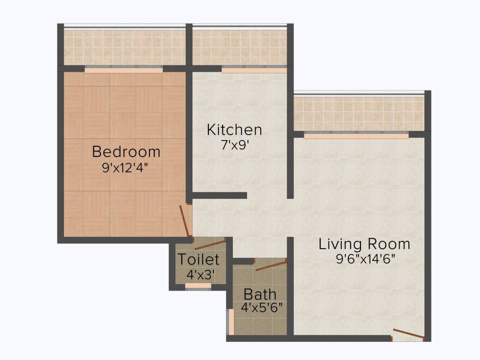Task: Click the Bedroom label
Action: pos(126,152)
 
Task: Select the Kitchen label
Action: pos(234,129)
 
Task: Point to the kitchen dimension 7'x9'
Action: pos(234,145)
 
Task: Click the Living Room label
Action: pos(364,244)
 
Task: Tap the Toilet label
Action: pos(198,259)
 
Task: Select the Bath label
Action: pos(260,295)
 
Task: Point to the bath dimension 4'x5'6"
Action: pos(262,308)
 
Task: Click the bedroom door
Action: pos(185,221)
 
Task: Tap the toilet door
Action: pos(210,244)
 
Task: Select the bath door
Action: pos(270,266)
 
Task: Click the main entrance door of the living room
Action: pos(408,334)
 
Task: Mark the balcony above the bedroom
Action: pos(124,47)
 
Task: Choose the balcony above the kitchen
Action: pos(240,47)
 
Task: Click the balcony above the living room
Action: pos(359,114)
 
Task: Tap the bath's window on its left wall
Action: pos(230,321)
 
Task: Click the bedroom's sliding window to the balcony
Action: pos(124,70)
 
